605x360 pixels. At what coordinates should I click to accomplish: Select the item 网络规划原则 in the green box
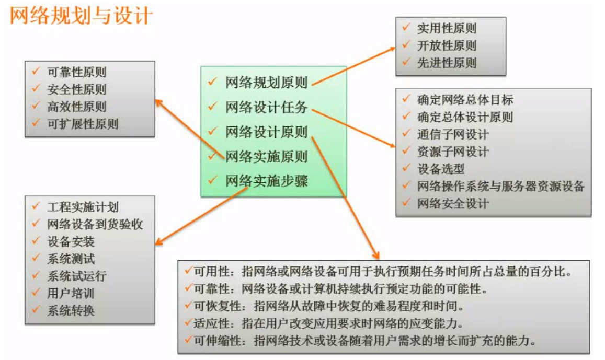click(x=266, y=83)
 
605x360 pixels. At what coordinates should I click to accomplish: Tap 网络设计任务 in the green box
click(x=266, y=108)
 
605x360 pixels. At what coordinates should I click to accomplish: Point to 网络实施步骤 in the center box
click(x=266, y=181)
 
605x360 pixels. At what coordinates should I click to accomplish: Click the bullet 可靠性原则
click(x=76, y=73)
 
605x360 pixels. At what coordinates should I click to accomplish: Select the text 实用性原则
click(x=447, y=29)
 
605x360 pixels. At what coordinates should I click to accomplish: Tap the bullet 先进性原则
click(x=447, y=63)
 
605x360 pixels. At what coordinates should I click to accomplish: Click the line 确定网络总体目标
click(x=465, y=100)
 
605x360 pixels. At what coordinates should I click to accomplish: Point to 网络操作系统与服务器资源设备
click(x=500, y=186)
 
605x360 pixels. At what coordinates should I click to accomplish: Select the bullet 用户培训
click(x=71, y=293)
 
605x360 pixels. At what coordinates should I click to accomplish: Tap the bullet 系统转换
click(x=71, y=310)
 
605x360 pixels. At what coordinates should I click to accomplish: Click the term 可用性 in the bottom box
click(x=211, y=272)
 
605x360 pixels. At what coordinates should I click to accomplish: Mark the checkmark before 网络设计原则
click(x=212, y=131)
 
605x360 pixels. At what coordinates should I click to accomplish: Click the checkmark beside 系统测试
click(x=36, y=258)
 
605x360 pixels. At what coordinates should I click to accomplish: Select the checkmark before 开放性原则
click(x=405, y=45)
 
